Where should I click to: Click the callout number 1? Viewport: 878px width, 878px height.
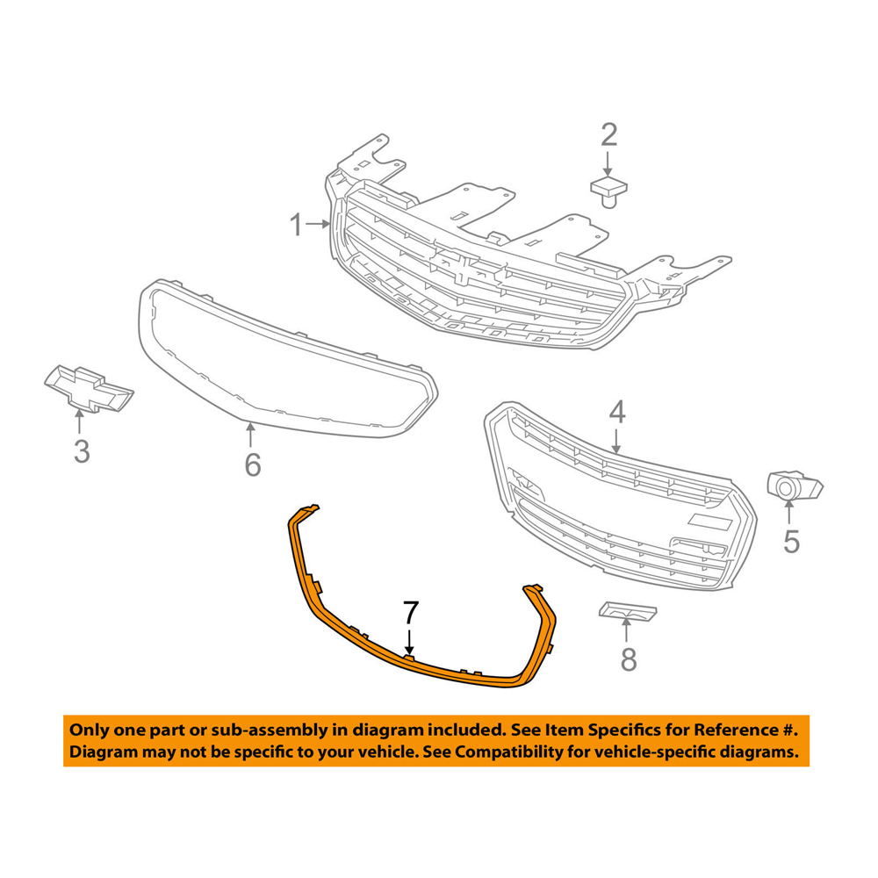298,226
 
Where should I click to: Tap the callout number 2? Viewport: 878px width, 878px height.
608,134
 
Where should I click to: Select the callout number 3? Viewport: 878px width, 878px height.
81,452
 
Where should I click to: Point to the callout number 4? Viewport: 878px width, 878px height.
617,411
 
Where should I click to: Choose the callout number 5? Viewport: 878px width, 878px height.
791,542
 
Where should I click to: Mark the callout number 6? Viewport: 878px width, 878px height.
252,464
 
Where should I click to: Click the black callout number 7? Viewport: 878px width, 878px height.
410,613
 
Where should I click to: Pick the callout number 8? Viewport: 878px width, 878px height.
628,658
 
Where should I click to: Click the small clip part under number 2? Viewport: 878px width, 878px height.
608,190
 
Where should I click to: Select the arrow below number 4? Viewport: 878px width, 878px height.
617,439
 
